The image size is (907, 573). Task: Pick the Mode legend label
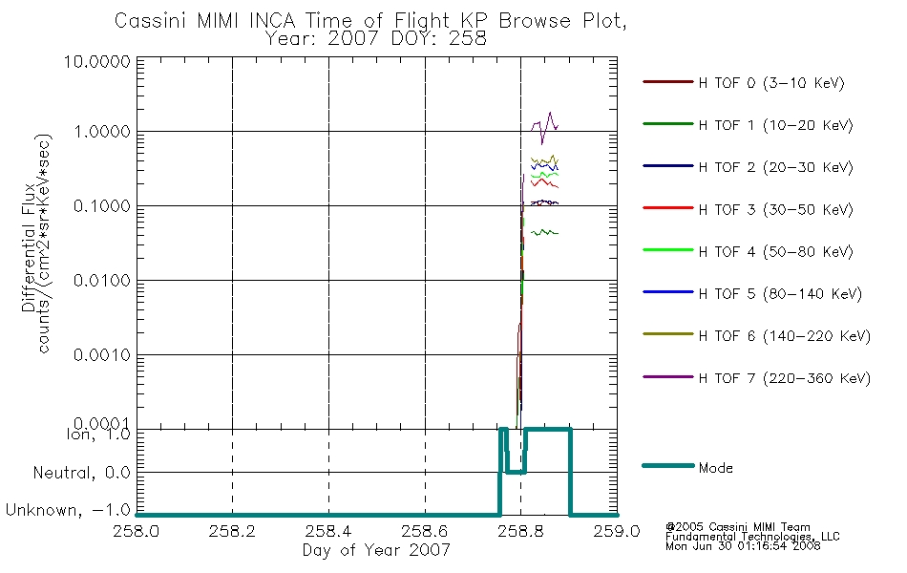715,468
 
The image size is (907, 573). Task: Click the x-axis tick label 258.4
328,531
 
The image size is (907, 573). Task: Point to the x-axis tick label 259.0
617,531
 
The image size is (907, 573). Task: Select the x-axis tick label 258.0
137,531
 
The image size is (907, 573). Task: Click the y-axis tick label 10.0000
97,62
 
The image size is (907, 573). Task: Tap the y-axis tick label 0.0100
102,281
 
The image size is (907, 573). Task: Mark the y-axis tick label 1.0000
102,132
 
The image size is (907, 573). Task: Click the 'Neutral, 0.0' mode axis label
81,473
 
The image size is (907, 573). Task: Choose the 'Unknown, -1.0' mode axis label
68,510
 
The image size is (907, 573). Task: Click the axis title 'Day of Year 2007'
376,550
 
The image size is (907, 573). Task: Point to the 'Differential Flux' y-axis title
29,248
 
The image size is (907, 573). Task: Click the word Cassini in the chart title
151,21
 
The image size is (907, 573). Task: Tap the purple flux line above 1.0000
545,127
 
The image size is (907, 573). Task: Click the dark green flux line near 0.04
545,233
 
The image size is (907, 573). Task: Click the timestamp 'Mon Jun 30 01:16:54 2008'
743,546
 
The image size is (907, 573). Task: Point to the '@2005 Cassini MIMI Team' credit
737,527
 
